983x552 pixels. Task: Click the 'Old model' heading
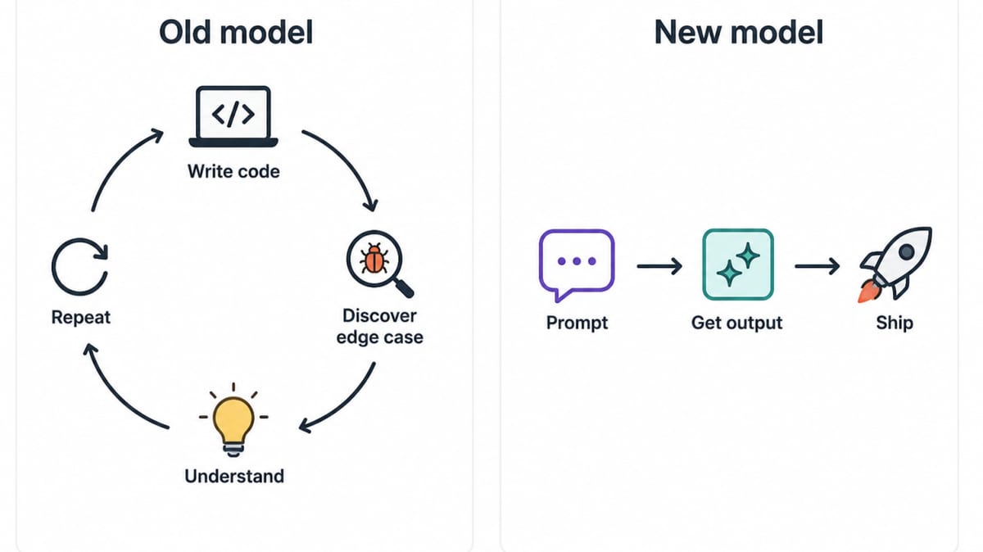(236, 33)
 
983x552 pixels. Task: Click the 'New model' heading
(739, 33)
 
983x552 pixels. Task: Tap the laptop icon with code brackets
(233, 116)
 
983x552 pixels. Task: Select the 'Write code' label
(233, 171)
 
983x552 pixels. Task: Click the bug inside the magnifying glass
(374, 259)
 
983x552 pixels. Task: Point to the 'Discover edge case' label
(379, 327)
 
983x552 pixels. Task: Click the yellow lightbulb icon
(233, 420)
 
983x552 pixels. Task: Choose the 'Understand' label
(234, 476)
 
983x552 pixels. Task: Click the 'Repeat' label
(81, 317)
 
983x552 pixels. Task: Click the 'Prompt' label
(577, 323)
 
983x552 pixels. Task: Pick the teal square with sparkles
(738, 265)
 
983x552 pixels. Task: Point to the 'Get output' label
(736, 323)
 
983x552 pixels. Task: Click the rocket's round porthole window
(907, 252)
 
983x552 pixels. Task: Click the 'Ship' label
(895, 323)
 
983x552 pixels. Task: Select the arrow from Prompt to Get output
(659, 266)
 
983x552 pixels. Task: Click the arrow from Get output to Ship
(818, 266)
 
